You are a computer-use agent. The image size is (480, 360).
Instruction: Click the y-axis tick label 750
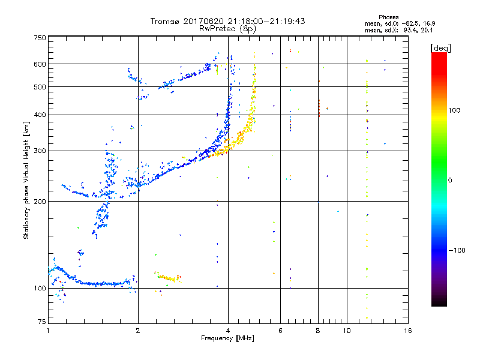point(40,38)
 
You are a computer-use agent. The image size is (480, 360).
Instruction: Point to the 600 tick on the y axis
point(40,64)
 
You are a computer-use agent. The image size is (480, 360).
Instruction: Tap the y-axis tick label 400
point(40,115)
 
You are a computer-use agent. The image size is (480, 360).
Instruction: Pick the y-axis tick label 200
point(40,201)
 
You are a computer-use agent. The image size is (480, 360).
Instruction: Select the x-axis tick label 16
point(407,331)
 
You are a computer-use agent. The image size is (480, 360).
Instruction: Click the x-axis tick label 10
point(346,331)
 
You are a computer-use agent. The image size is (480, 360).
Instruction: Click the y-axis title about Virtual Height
point(26,180)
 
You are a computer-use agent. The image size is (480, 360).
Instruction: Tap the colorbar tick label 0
point(451,180)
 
